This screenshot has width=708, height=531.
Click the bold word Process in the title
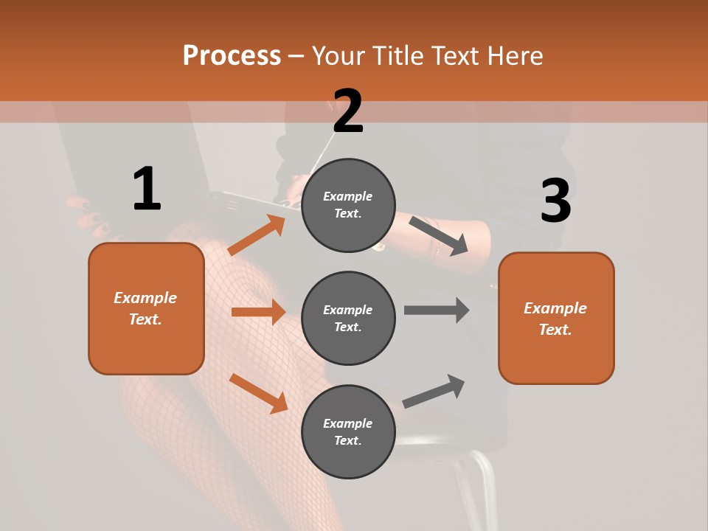pos(232,55)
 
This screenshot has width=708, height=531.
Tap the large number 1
pos(147,189)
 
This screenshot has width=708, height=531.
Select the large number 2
pos(348,111)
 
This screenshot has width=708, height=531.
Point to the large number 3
pos(555,201)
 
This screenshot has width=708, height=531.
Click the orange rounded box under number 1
pos(146,347)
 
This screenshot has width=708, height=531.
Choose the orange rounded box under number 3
pos(556,354)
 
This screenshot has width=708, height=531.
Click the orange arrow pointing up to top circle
pos(256,235)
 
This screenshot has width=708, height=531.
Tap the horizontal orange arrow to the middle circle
pos(258,312)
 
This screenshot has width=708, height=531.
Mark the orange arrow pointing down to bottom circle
pos(258,392)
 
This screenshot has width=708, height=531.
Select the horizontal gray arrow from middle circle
pos(437,310)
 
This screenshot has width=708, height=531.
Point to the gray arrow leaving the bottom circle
pos(434,391)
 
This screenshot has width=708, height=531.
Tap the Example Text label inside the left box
pos(145,308)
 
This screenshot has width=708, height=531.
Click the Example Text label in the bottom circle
pos(347,432)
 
